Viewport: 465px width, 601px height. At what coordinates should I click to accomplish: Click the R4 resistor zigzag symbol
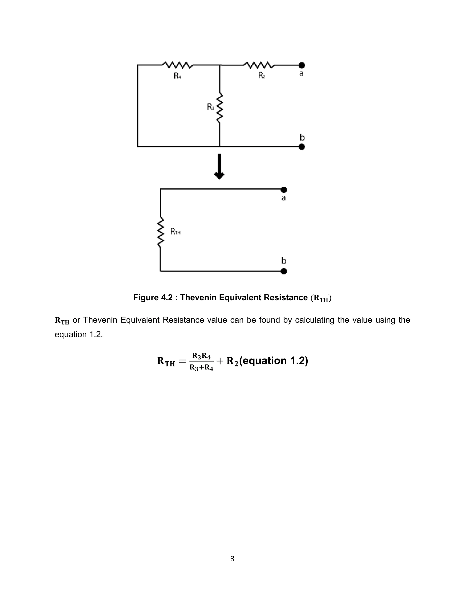click(177, 65)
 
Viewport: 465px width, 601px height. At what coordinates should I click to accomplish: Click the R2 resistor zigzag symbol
click(259, 65)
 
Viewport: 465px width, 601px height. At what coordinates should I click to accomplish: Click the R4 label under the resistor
click(177, 76)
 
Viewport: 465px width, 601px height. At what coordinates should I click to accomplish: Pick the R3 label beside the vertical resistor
click(210, 107)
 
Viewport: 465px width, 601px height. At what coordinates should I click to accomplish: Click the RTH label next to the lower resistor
click(175, 232)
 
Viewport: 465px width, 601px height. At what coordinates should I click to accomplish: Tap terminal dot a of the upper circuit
click(302, 65)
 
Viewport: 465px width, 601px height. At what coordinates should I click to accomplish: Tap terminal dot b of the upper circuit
click(302, 147)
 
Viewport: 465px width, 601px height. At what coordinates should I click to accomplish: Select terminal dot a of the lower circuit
click(284, 190)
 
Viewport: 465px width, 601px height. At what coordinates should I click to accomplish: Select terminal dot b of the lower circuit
click(284, 271)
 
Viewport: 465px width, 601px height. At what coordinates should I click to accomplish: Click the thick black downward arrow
click(219, 167)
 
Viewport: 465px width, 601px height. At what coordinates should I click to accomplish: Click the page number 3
click(232, 559)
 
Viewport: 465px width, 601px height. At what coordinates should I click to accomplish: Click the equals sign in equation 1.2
click(182, 361)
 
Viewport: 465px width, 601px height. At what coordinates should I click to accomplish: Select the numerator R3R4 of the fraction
click(201, 356)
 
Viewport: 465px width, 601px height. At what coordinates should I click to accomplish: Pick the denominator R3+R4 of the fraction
click(201, 368)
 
